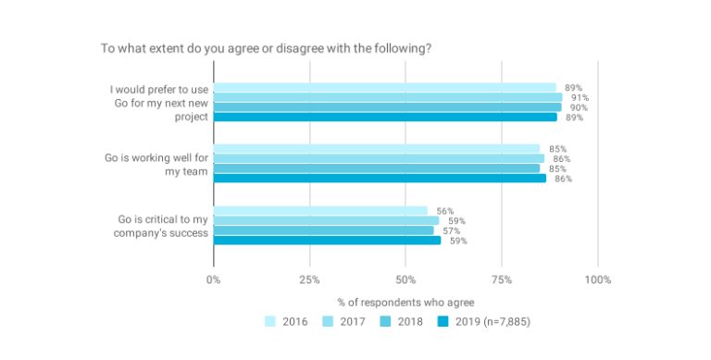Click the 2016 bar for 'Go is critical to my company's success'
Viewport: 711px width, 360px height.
(x=320, y=211)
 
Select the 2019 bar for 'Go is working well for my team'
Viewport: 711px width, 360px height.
(x=380, y=178)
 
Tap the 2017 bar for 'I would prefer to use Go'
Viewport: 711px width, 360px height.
(x=388, y=97)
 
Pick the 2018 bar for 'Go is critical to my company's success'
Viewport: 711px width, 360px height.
(x=323, y=230)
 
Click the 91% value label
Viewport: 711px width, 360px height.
(x=580, y=97)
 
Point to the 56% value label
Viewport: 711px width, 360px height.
(x=444, y=211)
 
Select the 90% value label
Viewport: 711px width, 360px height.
(x=579, y=107)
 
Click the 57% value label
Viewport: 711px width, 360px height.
(x=451, y=230)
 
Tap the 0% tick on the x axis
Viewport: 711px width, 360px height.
(x=214, y=279)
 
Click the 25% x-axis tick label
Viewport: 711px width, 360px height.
(x=309, y=279)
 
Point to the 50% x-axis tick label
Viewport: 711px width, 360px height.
(x=405, y=279)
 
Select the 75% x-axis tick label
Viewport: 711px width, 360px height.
(x=502, y=279)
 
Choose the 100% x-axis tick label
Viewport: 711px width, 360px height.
(x=597, y=279)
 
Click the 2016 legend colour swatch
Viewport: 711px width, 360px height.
(x=270, y=322)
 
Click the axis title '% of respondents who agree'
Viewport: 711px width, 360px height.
(x=405, y=303)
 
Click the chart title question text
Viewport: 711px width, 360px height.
(x=265, y=48)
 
